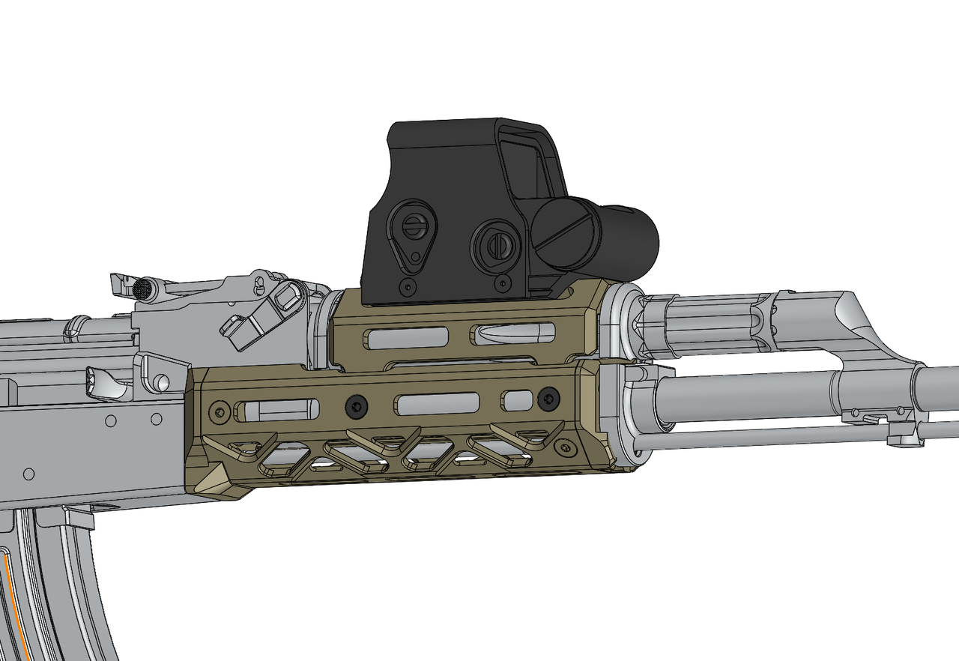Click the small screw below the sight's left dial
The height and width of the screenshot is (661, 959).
coord(407,286)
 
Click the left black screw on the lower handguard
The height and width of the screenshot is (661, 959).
coord(356,406)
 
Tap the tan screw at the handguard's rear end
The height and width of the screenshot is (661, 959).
coord(220,411)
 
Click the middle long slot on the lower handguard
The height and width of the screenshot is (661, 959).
coord(438,404)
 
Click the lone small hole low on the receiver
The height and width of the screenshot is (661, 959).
coord(28,474)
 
